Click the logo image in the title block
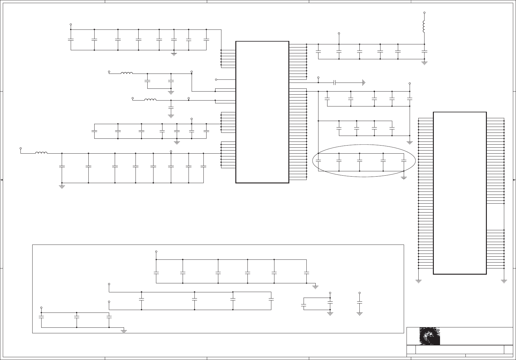tap(429, 336)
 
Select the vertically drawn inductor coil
tap(424, 27)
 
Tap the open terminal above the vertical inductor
tap(424, 13)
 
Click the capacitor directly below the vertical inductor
tap(424, 51)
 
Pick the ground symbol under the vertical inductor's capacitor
tap(424, 63)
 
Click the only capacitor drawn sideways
tap(335, 83)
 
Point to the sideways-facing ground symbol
tap(364, 83)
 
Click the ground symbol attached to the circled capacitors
tap(404, 178)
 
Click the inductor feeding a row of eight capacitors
tap(41, 153)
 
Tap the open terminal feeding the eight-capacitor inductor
tap(21, 148)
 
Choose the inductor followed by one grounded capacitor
tap(150, 100)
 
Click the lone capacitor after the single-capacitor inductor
tap(171, 107)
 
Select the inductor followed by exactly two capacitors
tap(127, 74)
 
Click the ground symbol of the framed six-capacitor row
tap(315, 286)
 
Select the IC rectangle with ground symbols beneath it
tap(460, 193)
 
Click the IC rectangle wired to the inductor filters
tap(262, 112)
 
